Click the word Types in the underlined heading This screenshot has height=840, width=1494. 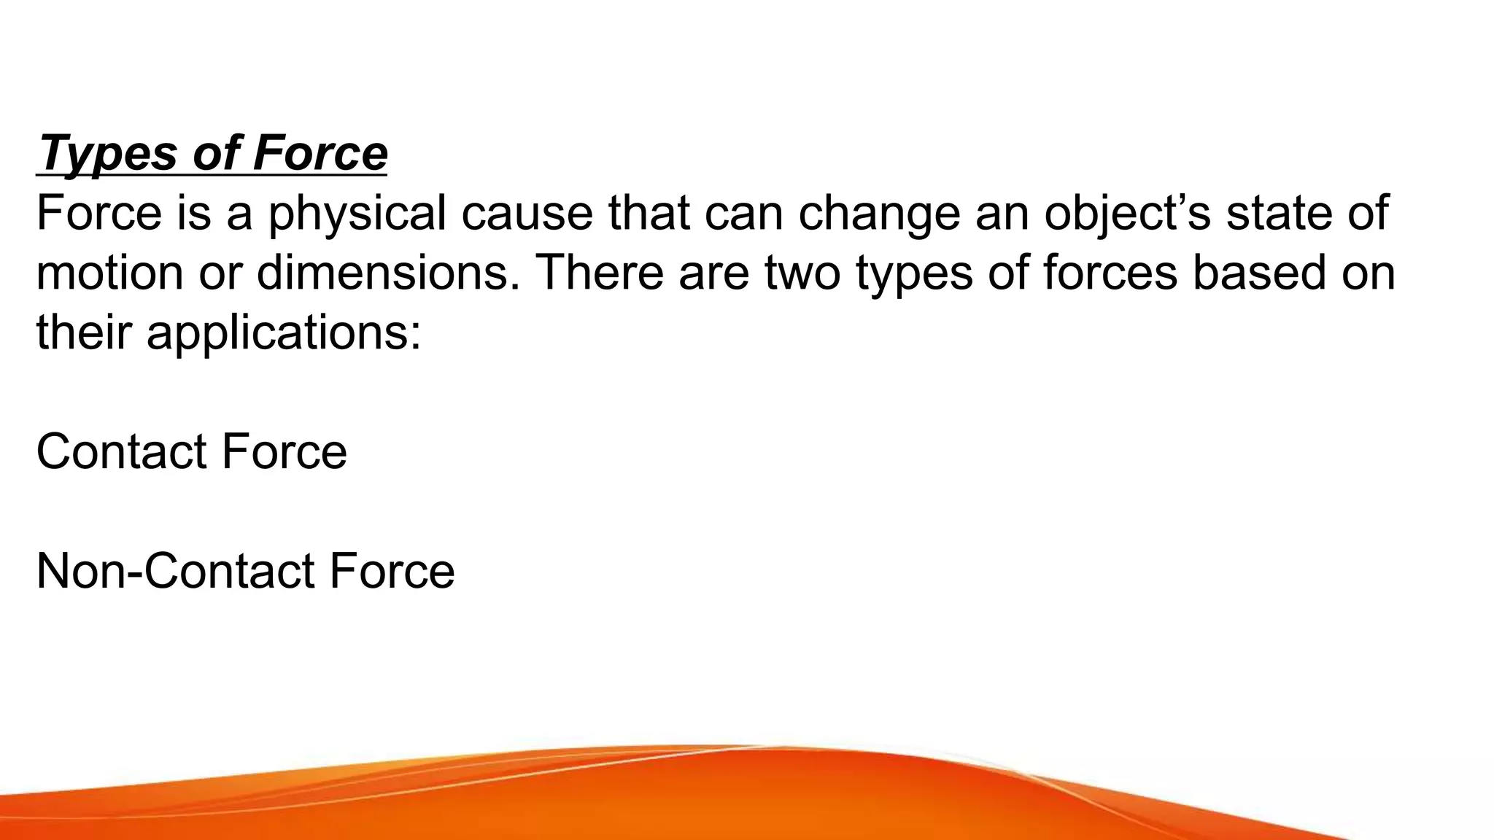(108, 154)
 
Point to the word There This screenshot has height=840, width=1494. (600, 273)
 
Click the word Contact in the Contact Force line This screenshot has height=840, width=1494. (121, 451)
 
